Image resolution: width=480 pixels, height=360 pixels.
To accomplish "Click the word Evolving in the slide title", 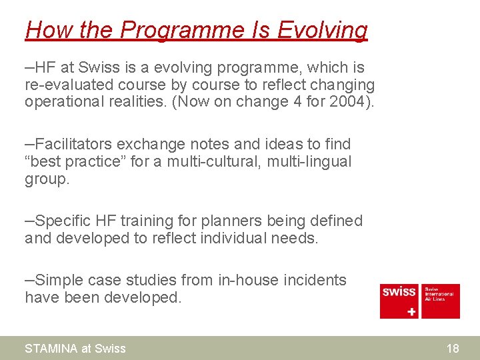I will pos(322,31).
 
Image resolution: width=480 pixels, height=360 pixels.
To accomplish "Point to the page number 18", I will pos(453,348).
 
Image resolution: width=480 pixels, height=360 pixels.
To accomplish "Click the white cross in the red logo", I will pos(411,311).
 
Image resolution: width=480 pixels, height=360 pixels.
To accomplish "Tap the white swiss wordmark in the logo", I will pos(399,292).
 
